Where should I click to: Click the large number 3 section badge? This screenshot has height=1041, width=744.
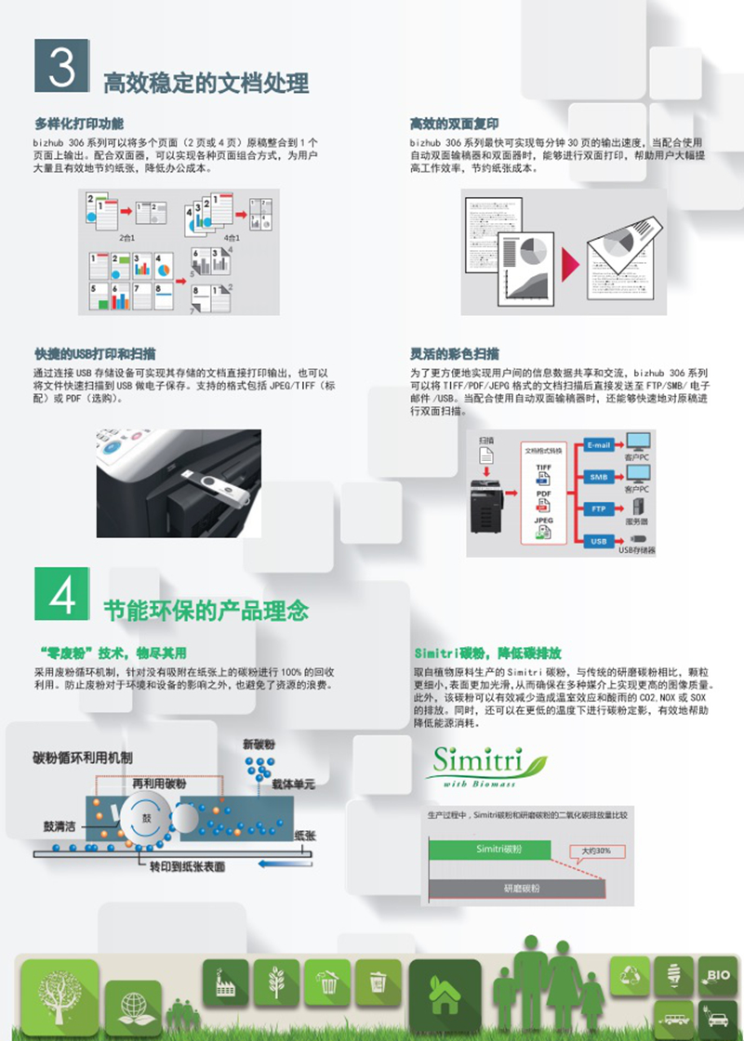(61, 66)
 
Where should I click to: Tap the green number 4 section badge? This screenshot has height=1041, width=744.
(61, 594)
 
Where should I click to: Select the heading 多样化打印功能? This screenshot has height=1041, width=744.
(79, 124)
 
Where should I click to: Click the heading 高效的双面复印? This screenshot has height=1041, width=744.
(455, 124)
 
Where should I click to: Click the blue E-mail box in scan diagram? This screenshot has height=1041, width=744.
(599, 445)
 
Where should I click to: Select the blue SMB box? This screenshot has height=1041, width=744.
(599, 477)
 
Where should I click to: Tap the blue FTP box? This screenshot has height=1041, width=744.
(599, 508)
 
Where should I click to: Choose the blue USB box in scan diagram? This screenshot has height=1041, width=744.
(599, 540)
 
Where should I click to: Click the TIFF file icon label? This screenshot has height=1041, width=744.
(543, 468)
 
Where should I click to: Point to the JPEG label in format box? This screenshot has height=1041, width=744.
(543, 520)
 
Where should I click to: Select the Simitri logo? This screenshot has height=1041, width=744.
(485, 766)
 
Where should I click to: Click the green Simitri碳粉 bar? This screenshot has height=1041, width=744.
(499, 849)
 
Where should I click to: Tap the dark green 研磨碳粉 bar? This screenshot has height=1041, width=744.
(521, 889)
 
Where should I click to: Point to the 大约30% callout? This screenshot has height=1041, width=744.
(595, 850)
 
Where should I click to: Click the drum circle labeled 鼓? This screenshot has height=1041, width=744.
(146, 818)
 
